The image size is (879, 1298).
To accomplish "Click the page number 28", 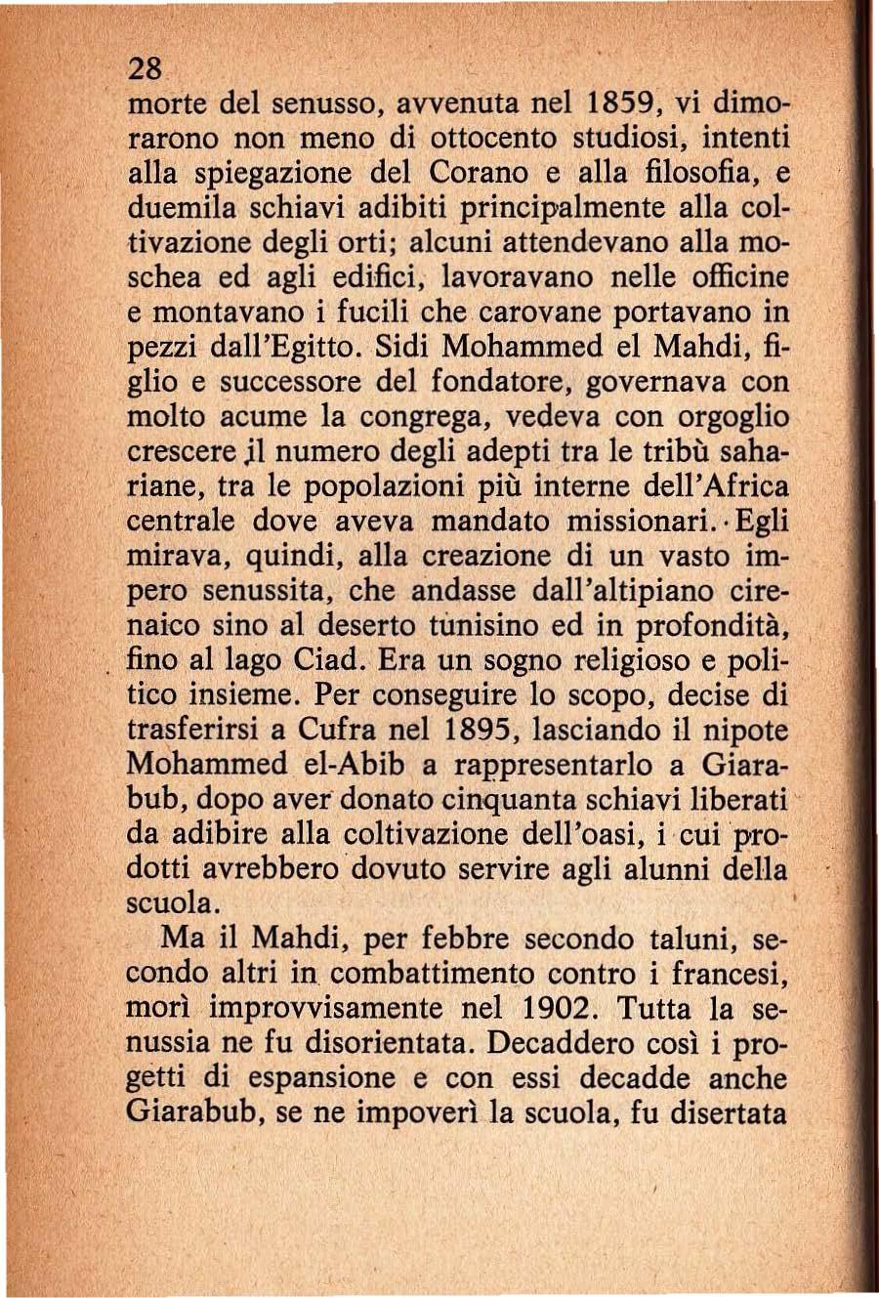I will tap(144, 69).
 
